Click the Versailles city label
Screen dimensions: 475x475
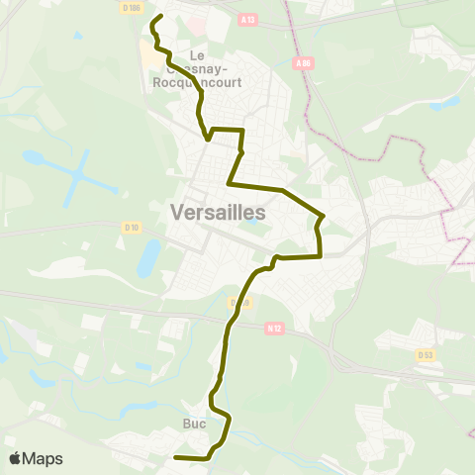point(219,212)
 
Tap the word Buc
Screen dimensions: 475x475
point(194,423)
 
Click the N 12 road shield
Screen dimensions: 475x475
point(274,329)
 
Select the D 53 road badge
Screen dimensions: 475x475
point(426,354)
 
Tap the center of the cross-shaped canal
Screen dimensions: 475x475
point(76,174)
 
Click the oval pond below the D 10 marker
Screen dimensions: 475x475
point(148,258)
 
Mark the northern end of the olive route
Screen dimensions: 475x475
point(160,16)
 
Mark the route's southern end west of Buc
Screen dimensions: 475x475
point(175,457)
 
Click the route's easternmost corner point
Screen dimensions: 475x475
point(324,216)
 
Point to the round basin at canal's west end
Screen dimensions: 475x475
point(33,157)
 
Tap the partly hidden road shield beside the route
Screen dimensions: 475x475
point(237,302)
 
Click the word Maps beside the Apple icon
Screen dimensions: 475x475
point(45,459)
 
